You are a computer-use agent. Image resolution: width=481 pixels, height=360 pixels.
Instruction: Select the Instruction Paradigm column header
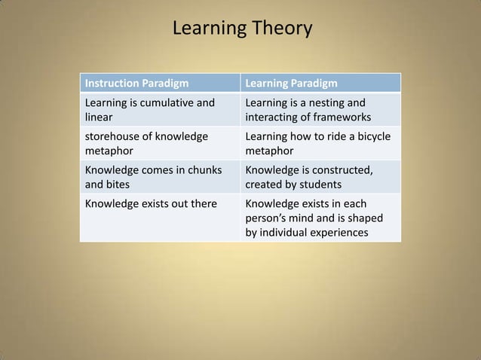click(136, 83)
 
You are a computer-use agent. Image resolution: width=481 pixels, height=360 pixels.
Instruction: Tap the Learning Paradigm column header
click(291, 83)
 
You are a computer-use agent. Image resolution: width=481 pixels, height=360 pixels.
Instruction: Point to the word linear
click(100, 117)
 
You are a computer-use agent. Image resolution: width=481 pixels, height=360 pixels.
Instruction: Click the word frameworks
click(342, 117)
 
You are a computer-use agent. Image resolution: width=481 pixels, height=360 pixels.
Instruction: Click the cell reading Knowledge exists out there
click(151, 203)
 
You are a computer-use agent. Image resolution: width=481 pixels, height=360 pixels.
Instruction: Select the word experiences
click(337, 232)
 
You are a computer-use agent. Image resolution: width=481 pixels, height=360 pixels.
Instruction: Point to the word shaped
click(365, 218)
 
